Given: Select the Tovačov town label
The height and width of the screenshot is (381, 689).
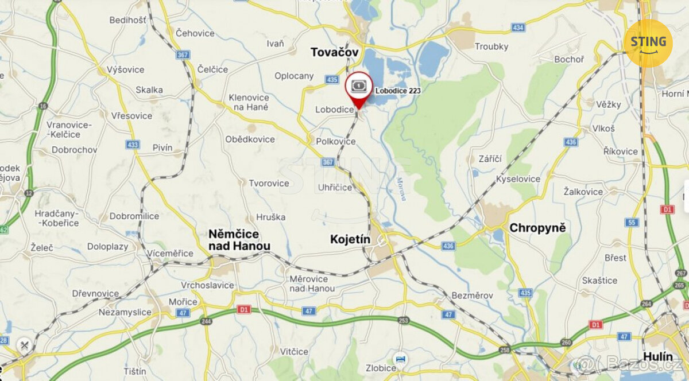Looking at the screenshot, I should (335, 52).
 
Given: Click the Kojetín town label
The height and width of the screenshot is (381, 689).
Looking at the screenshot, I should (351, 239).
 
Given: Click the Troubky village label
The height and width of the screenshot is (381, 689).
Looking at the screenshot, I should (491, 46).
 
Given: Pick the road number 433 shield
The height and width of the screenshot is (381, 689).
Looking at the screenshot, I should (134, 145).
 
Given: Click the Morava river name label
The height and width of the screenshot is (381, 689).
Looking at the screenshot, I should (401, 189).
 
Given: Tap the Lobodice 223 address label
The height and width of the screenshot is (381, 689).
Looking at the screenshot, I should (398, 91).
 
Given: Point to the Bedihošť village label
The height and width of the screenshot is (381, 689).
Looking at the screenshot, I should (128, 20).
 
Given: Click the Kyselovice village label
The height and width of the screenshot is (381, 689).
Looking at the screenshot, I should (518, 179).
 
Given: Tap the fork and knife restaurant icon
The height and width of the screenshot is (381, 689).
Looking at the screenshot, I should (24, 345).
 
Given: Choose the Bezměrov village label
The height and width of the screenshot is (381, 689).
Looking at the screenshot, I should (472, 295).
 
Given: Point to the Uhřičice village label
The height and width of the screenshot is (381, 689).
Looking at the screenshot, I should (335, 188).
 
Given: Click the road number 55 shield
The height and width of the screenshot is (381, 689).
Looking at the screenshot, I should (633, 222).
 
